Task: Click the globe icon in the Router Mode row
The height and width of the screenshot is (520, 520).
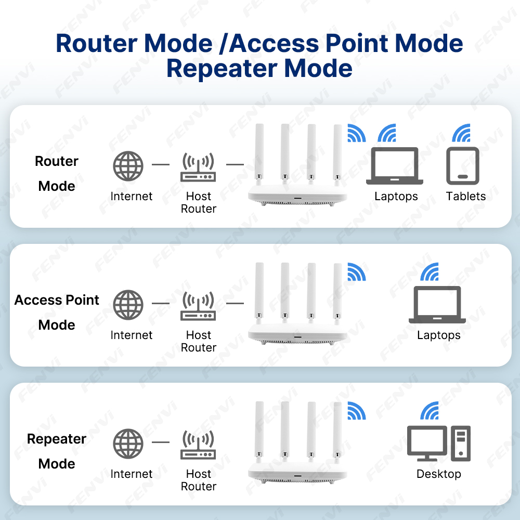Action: coord(128,166)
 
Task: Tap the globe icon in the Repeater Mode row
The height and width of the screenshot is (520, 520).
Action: coord(128,444)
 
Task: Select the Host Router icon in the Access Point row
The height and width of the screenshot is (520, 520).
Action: coord(198,306)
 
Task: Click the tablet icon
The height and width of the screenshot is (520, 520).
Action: coord(463,166)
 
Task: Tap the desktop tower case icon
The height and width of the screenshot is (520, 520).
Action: coord(461,443)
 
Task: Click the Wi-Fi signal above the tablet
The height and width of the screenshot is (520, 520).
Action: coord(462,133)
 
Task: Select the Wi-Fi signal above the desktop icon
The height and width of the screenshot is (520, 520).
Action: coord(430,411)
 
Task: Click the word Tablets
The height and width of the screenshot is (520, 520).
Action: coord(465,196)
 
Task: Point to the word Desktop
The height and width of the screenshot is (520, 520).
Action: coord(438,474)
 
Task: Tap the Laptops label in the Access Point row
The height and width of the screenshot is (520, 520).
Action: coord(438,335)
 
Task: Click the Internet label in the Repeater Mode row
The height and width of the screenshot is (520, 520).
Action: coord(132,474)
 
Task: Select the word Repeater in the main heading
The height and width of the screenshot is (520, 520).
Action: coord(222,69)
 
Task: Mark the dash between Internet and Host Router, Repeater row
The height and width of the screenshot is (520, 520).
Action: coord(161,442)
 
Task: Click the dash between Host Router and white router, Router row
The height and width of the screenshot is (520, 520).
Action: coord(235,164)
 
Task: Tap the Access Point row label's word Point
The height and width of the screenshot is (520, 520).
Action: coord(82,300)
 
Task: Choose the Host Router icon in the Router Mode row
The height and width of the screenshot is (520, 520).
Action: coord(198,167)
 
